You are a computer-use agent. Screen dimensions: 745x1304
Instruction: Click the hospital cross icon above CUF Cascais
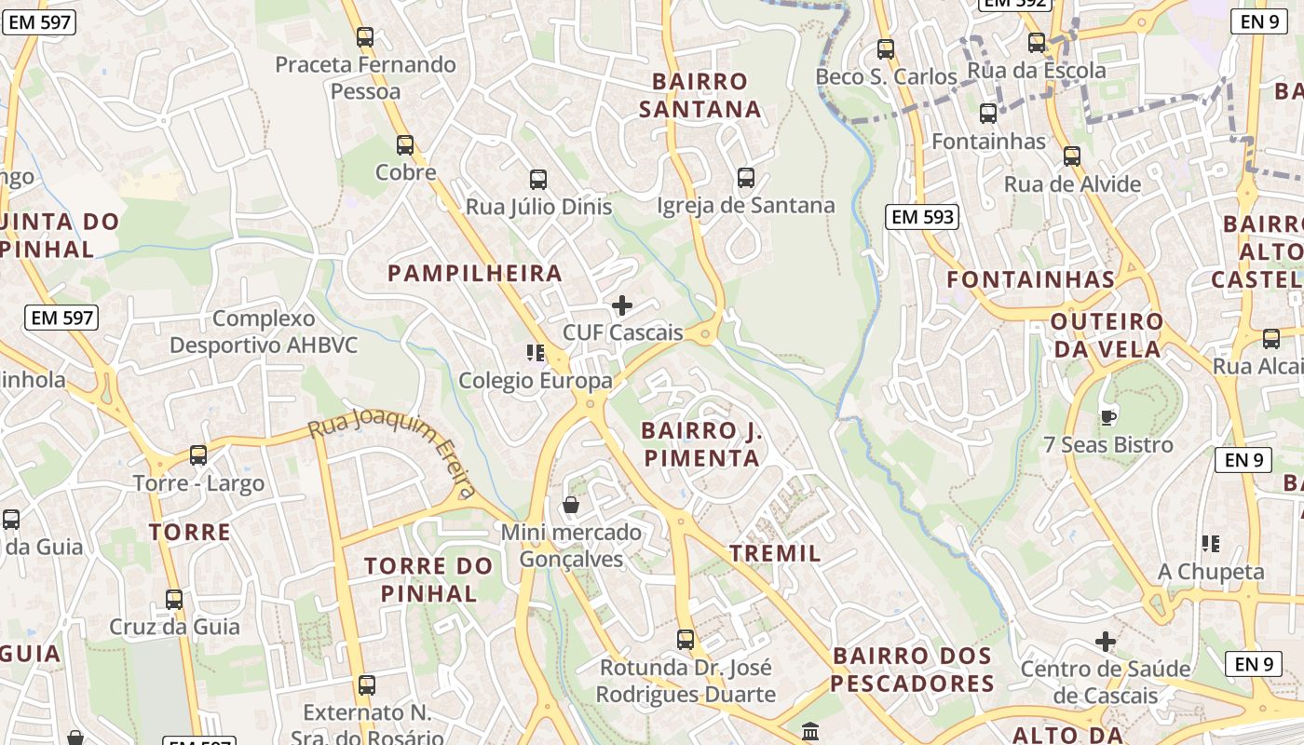point(622,305)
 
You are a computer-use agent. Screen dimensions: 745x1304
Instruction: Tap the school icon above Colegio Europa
point(536,353)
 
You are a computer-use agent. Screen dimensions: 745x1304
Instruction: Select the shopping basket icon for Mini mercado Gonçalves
point(571,505)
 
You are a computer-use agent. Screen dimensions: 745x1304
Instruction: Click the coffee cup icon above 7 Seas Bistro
point(1107,416)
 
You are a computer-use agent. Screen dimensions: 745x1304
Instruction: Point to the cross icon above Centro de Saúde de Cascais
point(1106,642)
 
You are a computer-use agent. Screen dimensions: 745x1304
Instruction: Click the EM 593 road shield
point(922,217)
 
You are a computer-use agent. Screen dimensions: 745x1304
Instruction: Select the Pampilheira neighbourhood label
point(475,273)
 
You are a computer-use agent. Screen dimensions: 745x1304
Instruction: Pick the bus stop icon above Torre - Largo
point(198,455)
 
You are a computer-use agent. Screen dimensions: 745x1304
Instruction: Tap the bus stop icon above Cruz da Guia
point(174,599)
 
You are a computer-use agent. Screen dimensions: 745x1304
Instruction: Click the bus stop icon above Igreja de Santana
point(745,178)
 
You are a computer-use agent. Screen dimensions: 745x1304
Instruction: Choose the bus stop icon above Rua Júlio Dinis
point(538,180)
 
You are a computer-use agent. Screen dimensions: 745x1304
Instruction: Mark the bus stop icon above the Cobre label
point(405,145)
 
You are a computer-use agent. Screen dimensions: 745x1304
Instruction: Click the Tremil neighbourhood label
point(775,553)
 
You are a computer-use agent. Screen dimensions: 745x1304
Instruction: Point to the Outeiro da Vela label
point(1107,335)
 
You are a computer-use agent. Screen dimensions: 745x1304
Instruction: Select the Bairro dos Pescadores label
point(912,670)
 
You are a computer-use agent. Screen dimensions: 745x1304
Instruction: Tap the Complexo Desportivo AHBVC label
point(264,332)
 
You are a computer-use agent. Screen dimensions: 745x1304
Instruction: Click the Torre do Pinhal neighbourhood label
point(428,579)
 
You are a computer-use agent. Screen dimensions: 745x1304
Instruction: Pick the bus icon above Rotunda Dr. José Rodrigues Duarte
point(686,640)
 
